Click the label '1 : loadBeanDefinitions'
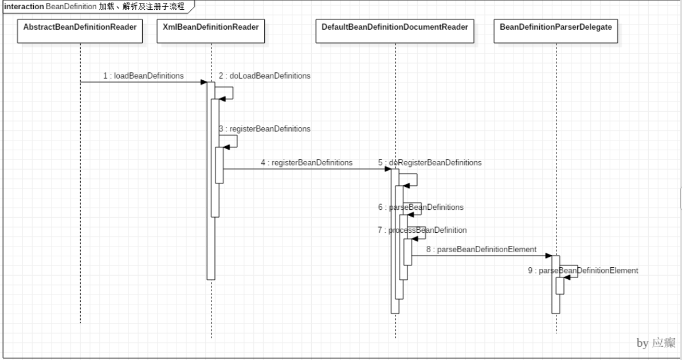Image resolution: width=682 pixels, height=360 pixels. pyautogui.click(x=144, y=75)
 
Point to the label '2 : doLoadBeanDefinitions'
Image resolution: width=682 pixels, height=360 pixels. pyautogui.click(x=264, y=75)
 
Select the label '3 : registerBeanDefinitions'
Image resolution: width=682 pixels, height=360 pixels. pyautogui.click(x=264, y=129)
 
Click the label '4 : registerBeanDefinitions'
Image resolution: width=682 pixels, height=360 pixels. pyautogui.click(x=306, y=162)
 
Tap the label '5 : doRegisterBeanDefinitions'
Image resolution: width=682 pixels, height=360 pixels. pyautogui.click(x=430, y=162)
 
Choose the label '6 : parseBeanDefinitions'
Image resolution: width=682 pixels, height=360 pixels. pyautogui.click(x=421, y=206)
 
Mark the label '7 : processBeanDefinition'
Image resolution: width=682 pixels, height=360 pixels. pyautogui.click(x=422, y=230)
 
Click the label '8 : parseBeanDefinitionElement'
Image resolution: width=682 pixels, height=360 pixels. pyautogui.click(x=481, y=249)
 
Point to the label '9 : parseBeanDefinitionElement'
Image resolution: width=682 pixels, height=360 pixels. pyautogui.click(x=583, y=269)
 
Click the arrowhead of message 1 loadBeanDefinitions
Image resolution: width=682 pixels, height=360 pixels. pyautogui.click(x=203, y=82)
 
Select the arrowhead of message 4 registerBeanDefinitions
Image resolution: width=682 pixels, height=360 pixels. pyautogui.click(x=395, y=169)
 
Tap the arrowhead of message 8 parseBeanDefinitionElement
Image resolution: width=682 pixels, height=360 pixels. pyautogui.click(x=548, y=256)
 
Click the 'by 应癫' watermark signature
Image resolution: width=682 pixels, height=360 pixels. pyautogui.click(x=656, y=343)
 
